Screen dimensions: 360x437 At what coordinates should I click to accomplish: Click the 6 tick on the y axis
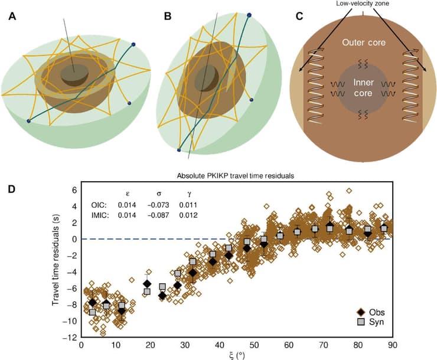tap(74, 190)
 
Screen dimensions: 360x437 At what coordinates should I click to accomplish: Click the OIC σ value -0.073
tap(158, 205)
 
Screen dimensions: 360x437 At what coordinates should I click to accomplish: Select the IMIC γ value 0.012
tap(189, 215)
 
